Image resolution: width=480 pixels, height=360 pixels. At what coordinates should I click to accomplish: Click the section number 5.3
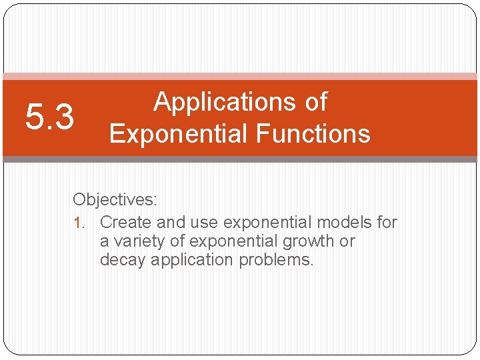[x=49, y=118]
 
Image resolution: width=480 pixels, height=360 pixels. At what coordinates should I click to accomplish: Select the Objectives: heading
[x=115, y=199]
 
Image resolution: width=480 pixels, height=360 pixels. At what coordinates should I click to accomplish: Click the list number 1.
[x=80, y=223]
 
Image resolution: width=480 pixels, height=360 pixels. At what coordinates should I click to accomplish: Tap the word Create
[x=126, y=222]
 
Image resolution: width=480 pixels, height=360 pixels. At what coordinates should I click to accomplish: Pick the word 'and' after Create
[x=171, y=222]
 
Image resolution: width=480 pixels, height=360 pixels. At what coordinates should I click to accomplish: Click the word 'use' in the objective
[x=205, y=222]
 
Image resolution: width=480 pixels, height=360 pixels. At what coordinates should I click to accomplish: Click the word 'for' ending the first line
[x=387, y=222]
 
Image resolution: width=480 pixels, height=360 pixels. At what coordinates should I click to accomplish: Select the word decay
[x=123, y=259]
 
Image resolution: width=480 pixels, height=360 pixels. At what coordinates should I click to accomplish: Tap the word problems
[x=277, y=259]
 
